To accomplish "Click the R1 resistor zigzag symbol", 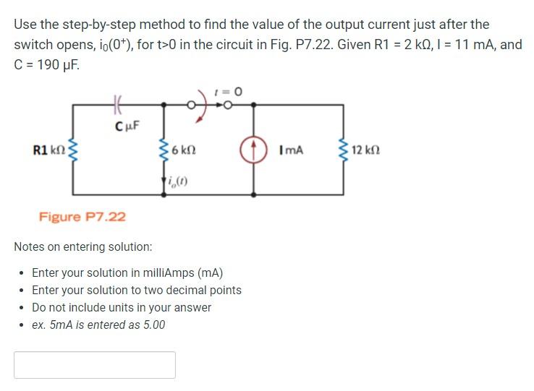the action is click(x=72, y=150).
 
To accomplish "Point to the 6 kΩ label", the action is click(x=184, y=151).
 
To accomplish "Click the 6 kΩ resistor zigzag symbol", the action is click(x=164, y=150).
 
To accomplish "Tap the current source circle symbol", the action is click(x=253, y=150).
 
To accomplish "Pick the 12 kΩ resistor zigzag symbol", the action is click(x=344, y=150).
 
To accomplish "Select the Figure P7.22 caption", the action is click(x=82, y=216).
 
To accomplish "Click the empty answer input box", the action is click(x=95, y=365).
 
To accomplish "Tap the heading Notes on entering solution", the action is click(x=83, y=246).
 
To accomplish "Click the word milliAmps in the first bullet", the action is click(x=168, y=273).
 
